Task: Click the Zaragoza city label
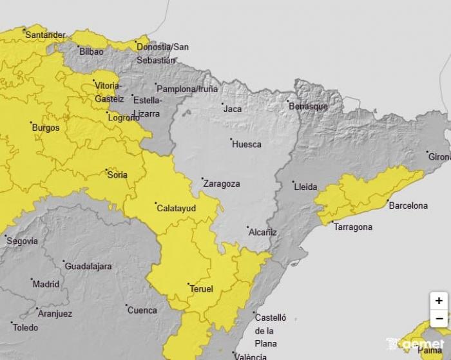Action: click(221, 184)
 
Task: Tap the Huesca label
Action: click(246, 144)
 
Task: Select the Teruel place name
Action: click(201, 289)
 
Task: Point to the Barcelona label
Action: click(408, 206)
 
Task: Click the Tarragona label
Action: click(352, 227)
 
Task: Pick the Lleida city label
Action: click(305, 187)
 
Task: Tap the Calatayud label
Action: click(176, 208)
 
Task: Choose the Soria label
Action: click(117, 175)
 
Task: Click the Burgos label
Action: click(45, 128)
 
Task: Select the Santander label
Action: click(45, 35)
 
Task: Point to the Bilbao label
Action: click(91, 52)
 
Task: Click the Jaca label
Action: click(232, 109)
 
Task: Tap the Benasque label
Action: click(308, 106)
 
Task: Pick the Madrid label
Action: click(45, 284)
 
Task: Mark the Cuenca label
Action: click(142, 310)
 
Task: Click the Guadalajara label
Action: click(88, 266)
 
